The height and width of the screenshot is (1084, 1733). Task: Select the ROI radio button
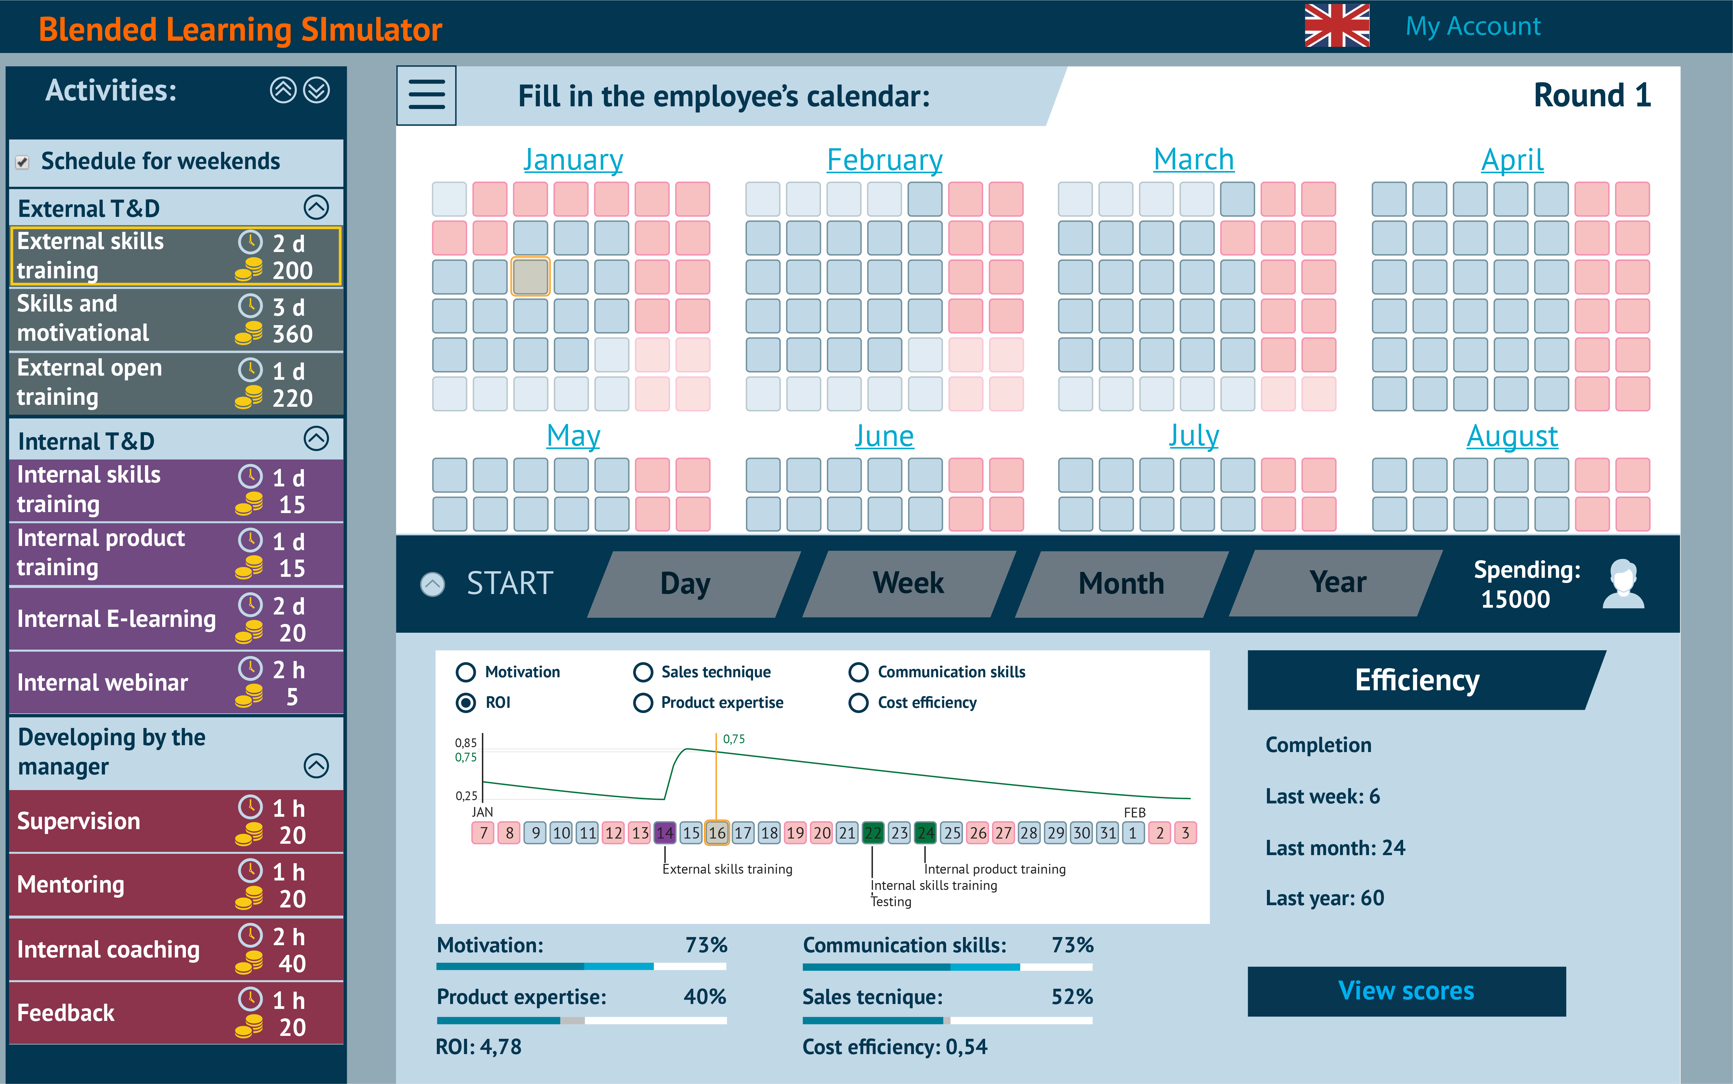[x=466, y=703]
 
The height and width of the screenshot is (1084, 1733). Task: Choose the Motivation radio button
[x=466, y=672]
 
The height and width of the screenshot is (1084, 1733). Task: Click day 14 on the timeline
[x=665, y=832]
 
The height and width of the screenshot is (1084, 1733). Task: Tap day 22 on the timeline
[x=872, y=832]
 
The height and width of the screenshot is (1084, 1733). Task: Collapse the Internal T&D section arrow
[x=316, y=439]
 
